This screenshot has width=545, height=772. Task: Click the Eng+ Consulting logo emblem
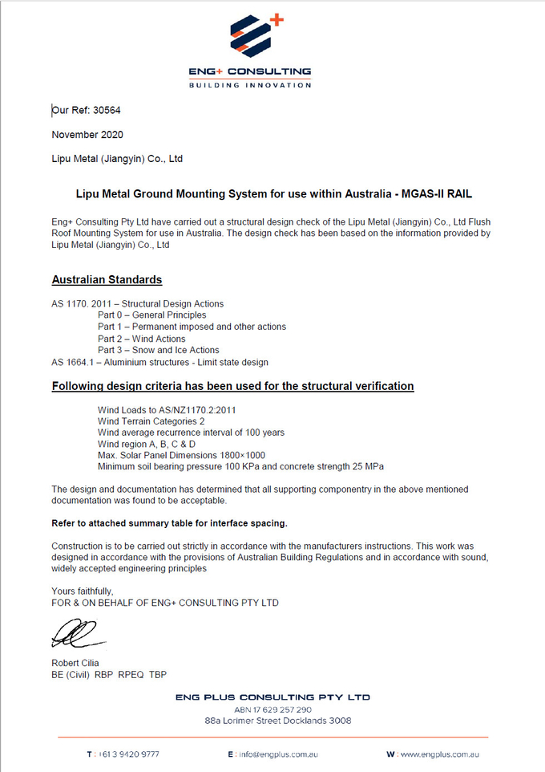coord(255,36)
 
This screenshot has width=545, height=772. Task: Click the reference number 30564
coord(107,111)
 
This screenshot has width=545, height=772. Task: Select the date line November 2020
coord(87,135)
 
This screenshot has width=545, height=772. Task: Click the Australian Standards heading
coord(107,280)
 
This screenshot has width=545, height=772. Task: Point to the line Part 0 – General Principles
coord(151,315)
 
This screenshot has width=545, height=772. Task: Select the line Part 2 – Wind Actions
coord(141,339)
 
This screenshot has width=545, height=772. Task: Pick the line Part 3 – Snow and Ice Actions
coord(158,350)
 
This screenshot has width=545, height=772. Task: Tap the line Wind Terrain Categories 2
coord(151,421)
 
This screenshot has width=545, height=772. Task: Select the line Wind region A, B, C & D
coord(146,444)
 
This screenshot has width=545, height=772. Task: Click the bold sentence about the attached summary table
coord(169,523)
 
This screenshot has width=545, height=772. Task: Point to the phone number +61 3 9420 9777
coord(128,754)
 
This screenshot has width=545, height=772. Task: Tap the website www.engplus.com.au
coord(438,754)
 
